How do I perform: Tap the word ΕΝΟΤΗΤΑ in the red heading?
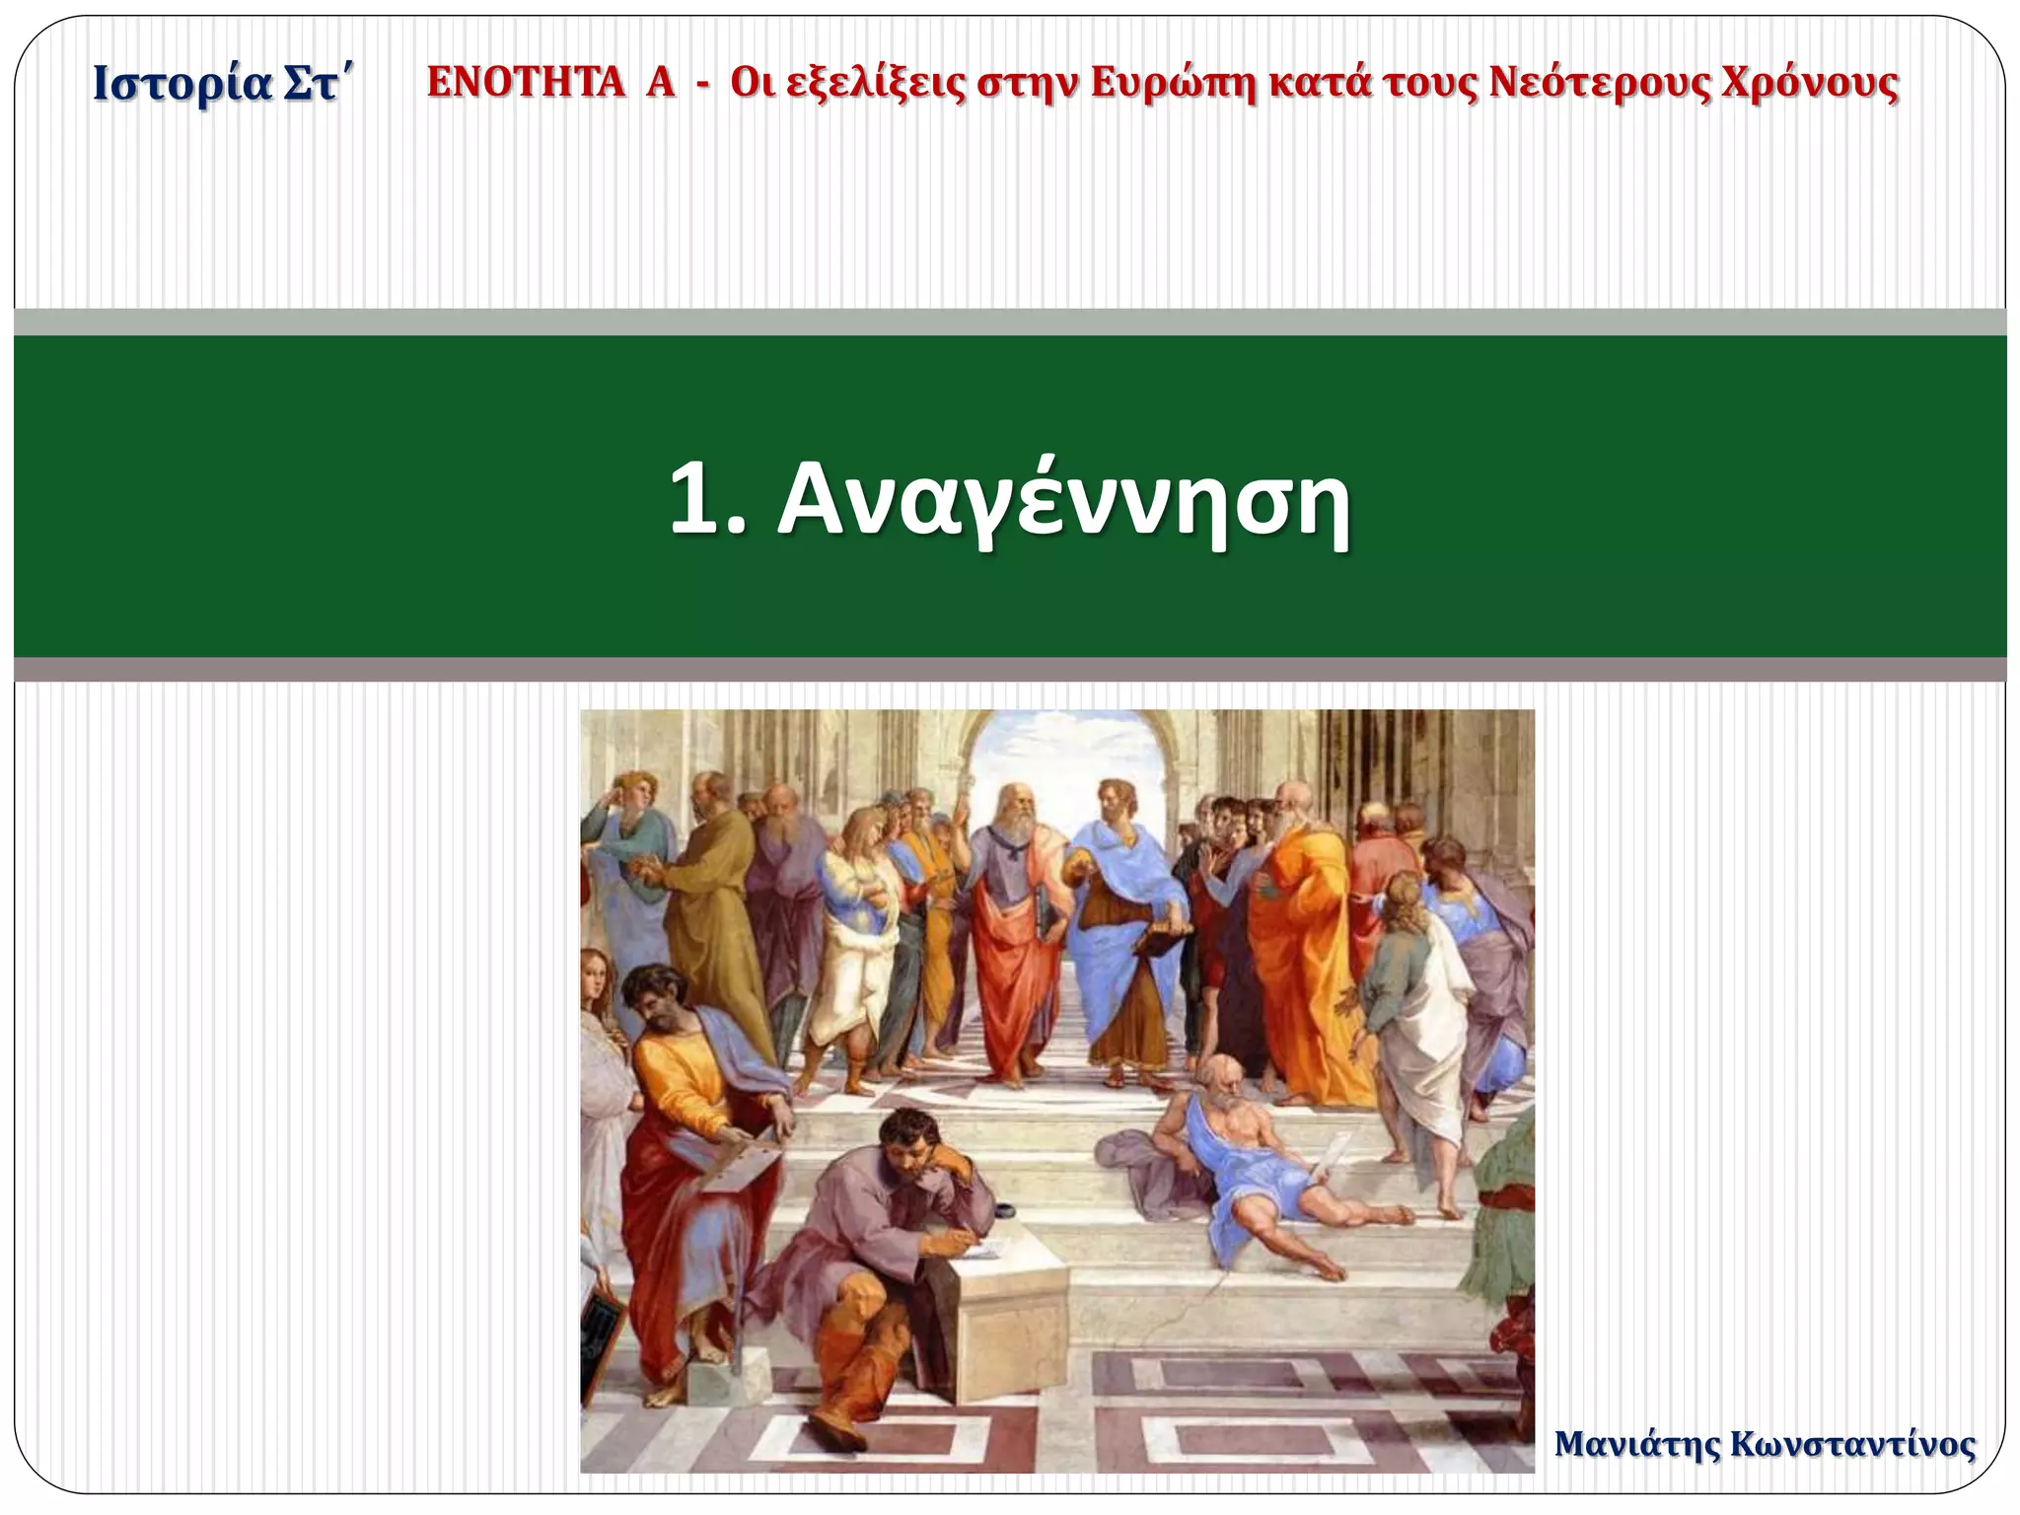[x=525, y=83]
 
